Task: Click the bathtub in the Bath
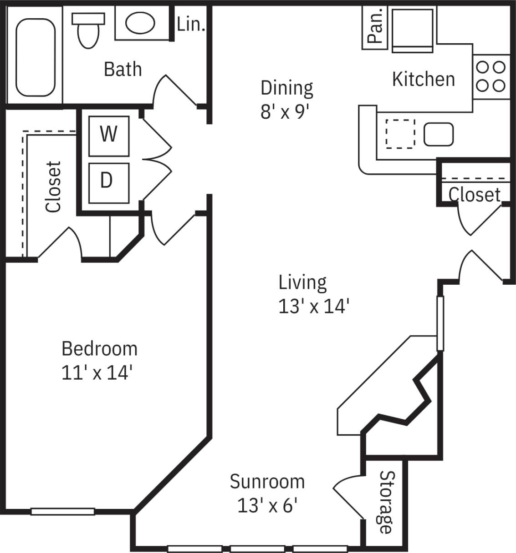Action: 36,57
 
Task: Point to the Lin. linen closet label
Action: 191,25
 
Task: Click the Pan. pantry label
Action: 375,27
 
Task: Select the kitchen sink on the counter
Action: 439,135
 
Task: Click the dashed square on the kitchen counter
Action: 400,134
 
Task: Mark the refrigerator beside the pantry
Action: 412,28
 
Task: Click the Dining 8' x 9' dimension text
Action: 286,99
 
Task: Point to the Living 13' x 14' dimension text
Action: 313,294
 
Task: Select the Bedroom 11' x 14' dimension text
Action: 99,361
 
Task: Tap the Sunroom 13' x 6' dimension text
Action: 267,493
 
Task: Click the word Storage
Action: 386,502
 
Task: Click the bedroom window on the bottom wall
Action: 62,511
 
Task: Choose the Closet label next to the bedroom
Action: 53,186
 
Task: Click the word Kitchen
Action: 423,79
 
